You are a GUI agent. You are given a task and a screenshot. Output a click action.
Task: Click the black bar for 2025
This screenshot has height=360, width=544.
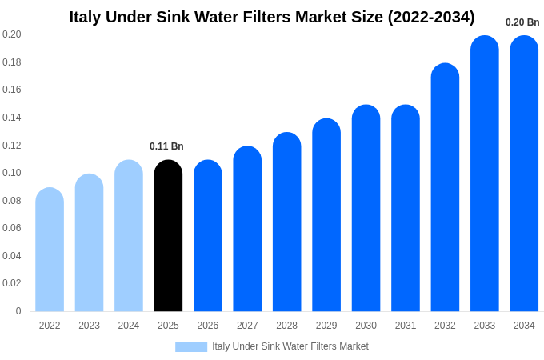[168, 236]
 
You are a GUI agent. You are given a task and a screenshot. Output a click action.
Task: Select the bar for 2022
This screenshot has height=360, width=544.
[50, 250]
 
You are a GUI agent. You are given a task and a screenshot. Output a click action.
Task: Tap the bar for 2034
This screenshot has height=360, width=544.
[524, 174]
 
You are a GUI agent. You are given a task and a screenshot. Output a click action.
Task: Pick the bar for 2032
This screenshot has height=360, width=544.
[445, 187]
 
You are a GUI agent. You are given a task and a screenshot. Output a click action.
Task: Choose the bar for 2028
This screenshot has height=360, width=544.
[286, 222]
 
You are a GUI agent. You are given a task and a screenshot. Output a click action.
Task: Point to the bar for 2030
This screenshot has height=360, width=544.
[366, 208]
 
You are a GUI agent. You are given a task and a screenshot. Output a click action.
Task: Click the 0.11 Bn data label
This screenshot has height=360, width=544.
[166, 146]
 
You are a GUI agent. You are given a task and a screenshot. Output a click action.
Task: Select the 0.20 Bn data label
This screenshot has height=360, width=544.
[522, 22]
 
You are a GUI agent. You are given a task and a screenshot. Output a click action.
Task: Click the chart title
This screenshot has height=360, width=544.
[272, 17]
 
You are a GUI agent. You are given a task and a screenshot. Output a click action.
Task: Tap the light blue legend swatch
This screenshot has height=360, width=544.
[191, 346]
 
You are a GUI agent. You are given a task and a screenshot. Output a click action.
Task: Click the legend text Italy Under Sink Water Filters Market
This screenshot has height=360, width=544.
[290, 346]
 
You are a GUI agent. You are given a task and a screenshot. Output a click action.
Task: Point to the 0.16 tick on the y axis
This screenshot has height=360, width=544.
[12, 90]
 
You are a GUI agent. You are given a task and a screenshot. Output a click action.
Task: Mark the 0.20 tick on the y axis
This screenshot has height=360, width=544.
[12, 34]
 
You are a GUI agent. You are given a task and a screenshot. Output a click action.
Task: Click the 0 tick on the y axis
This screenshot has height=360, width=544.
[18, 311]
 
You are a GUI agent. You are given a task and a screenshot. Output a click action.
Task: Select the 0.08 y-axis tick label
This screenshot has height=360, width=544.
[12, 201]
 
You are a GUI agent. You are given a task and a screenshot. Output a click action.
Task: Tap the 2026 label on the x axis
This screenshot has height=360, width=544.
[208, 326]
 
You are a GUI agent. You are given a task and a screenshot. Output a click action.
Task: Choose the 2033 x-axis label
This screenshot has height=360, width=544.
[485, 326]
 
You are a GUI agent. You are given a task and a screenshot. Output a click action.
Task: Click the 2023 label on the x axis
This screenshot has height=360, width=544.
[89, 326]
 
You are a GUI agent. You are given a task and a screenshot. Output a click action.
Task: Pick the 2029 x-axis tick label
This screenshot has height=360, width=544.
[326, 326]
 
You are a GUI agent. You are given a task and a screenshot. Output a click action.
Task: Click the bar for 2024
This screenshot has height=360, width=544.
[129, 236]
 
